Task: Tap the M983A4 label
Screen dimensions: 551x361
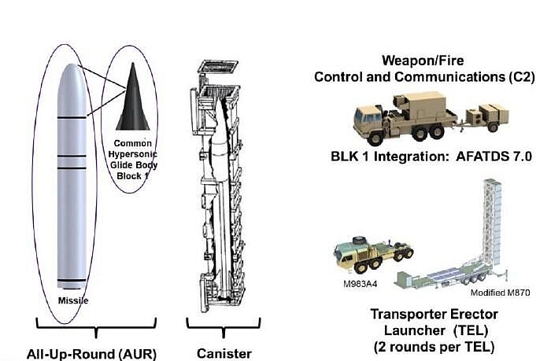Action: [360, 284]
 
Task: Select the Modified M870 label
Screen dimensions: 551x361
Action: [500, 293]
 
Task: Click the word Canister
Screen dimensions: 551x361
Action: [224, 353]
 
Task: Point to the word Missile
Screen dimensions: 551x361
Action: [73, 300]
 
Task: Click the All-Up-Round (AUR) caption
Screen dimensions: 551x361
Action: [91, 354]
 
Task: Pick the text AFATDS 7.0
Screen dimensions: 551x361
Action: [494, 157]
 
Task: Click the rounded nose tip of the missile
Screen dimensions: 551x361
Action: [72, 65]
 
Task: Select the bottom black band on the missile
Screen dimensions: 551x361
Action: [72, 280]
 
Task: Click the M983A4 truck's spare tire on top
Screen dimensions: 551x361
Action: [359, 240]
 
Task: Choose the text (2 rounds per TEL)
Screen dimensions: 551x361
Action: [434, 347]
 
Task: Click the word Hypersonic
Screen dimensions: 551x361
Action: [133, 154]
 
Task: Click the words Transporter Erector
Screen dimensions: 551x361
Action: [435, 315]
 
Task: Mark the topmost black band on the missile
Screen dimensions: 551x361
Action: [72, 117]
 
